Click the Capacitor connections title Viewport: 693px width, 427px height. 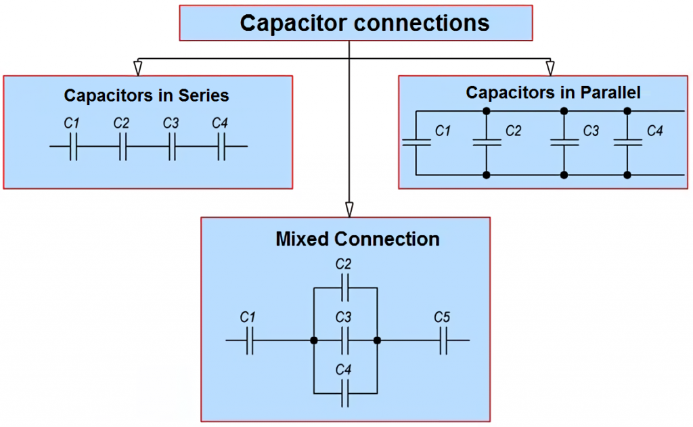coord(365,23)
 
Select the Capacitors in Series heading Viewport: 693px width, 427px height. coord(146,95)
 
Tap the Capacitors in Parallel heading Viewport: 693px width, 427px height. coord(553,92)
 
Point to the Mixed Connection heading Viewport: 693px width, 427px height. coord(357,239)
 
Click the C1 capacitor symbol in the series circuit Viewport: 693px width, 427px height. coord(74,146)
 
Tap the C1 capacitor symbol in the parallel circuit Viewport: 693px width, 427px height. coord(416,142)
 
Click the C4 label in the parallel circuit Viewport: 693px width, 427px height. coord(654,131)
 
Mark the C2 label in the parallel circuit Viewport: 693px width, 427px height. coord(513,131)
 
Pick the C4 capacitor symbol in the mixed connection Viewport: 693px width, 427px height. coord(345,392)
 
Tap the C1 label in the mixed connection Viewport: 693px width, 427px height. coord(248,317)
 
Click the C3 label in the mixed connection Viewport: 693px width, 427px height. coord(343,317)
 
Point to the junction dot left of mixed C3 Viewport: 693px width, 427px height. coord(313,340)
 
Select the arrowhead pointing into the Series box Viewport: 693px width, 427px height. coord(138,68)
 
